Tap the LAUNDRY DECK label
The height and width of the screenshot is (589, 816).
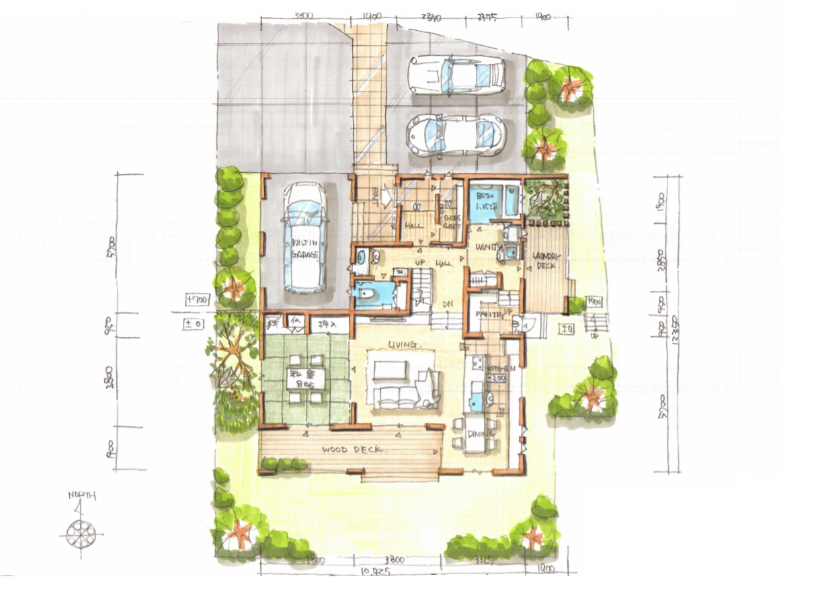(x=546, y=261)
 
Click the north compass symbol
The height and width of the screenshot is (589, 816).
(x=81, y=533)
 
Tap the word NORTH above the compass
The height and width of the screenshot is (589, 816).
(x=82, y=496)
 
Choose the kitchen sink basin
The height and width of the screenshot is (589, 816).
(x=477, y=398)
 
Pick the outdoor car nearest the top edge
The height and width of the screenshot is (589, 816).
(x=457, y=74)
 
